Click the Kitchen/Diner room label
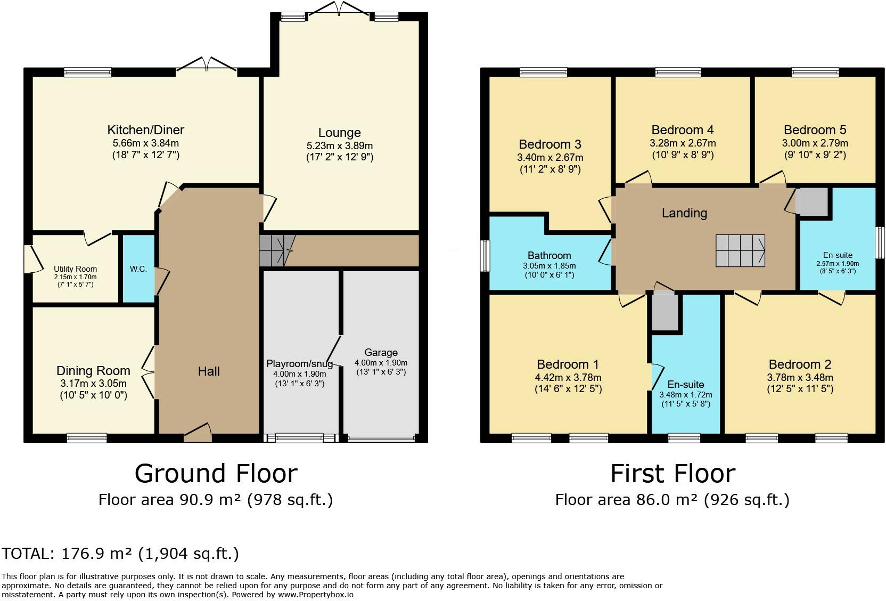click(145, 130)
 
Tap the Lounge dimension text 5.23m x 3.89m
click(339, 145)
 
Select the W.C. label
click(138, 269)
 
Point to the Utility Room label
click(75, 269)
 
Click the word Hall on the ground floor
click(209, 371)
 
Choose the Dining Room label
click(93, 371)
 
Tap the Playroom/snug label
click(299, 364)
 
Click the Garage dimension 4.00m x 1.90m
click(381, 363)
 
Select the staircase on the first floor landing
click(740, 250)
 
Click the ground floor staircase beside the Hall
click(277, 250)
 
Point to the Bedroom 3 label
click(550, 144)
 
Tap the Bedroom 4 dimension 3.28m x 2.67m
click(683, 143)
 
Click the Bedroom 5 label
click(815, 130)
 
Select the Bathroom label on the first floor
click(549, 255)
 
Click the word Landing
click(684, 213)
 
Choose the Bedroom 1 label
click(568, 364)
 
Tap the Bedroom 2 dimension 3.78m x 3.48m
click(800, 377)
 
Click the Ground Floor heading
click(216, 474)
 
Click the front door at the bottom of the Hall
click(198, 433)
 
